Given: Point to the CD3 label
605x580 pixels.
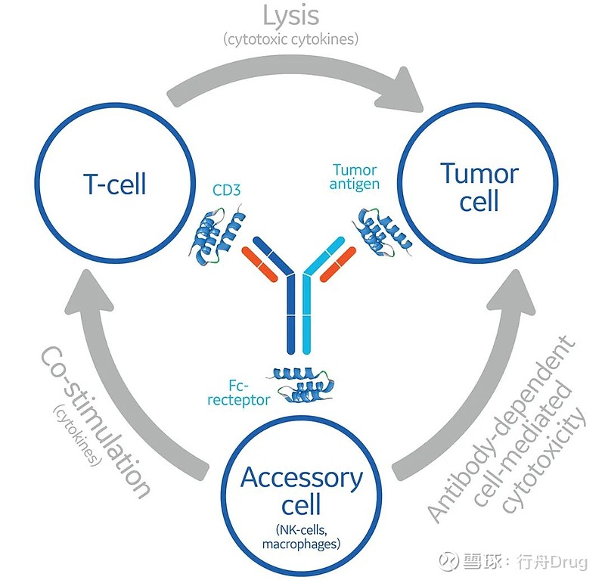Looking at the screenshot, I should (x=225, y=191).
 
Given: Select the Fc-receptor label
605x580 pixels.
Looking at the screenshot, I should (x=237, y=392).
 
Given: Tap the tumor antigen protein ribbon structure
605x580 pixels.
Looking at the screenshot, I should (x=383, y=231).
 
